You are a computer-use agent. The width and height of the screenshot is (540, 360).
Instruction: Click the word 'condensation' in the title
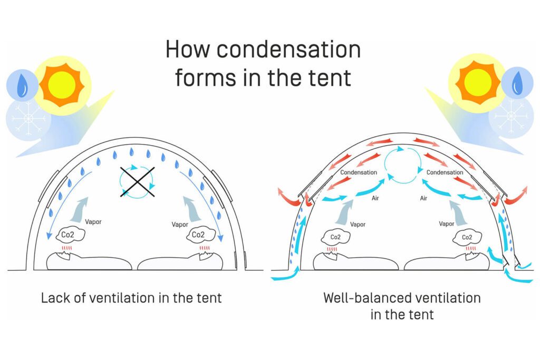[x=289, y=51]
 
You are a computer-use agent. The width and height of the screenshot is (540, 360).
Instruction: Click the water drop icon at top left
[x=22, y=87]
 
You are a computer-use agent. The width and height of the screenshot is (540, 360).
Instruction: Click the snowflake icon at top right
[x=511, y=114]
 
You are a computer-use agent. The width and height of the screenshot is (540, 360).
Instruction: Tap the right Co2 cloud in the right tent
[x=467, y=237]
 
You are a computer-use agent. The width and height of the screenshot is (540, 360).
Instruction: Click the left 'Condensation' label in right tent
[x=359, y=172]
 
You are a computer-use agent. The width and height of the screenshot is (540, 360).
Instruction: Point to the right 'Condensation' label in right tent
[x=445, y=172]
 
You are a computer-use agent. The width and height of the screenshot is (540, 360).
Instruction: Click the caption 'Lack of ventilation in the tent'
[x=131, y=298]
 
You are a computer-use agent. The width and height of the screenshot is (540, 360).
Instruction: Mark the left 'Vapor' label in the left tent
[x=93, y=222]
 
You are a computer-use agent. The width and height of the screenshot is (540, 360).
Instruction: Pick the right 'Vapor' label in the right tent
[x=447, y=224]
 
